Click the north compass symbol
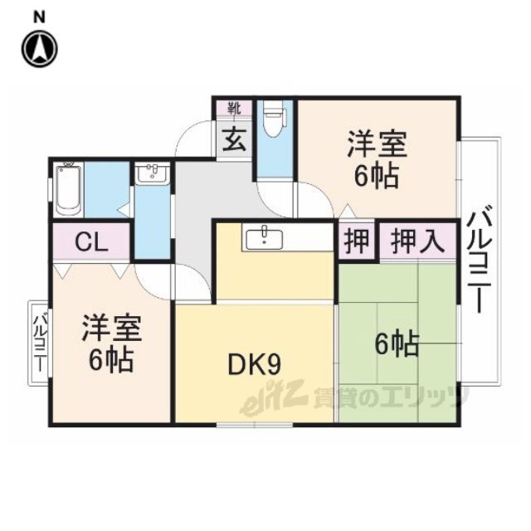tap(40, 48)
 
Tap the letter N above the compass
tap(40, 17)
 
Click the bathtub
tap(68, 189)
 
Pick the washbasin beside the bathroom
tap(153, 173)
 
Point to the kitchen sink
tap(264, 238)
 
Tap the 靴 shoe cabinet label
tap(234, 109)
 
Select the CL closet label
tap(91, 241)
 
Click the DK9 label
tap(255, 365)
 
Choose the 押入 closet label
tap(417, 241)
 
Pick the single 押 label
tap(357, 241)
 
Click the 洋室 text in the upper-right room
tap(377, 144)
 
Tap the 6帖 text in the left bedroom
tap(111, 360)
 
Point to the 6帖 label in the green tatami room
tap(397, 344)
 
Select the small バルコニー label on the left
tap(41, 343)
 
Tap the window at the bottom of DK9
tap(255, 424)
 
